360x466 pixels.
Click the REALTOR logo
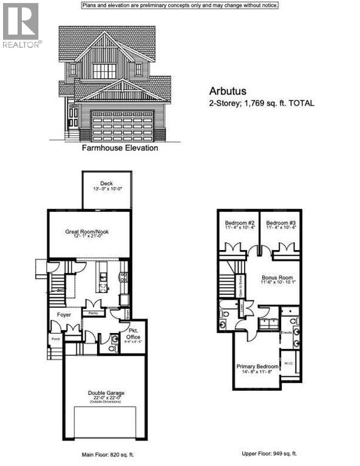pyautogui.click(x=21, y=25)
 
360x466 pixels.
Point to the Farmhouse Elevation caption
pyautogui.click(x=120, y=147)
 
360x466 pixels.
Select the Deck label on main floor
pyautogui.click(x=107, y=183)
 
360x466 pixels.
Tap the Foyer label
pyautogui.click(x=64, y=314)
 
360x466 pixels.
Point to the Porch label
pyautogui.click(x=56, y=339)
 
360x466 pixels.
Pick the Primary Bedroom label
pyautogui.click(x=258, y=366)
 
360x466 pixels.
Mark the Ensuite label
pyautogui.click(x=286, y=333)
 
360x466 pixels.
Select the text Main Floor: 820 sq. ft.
pyautogui.click(x=104, y=453)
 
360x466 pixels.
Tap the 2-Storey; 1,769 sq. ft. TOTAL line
pyautogui.click(x=261, y=104)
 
